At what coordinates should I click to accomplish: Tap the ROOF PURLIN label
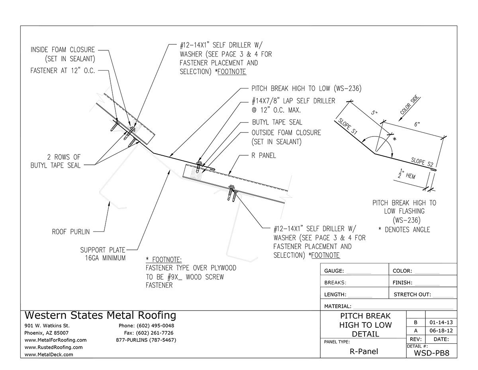[71, 231]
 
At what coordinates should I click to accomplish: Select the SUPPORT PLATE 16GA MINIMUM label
[103, 254]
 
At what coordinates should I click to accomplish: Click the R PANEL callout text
[264, 156]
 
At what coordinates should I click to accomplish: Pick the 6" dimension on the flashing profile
[416, 125]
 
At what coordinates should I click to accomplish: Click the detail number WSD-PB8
[432, 352]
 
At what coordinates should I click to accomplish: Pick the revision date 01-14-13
[441, 322]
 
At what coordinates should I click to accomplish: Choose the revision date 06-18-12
[441, 331]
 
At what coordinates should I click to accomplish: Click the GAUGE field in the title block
[334, 271]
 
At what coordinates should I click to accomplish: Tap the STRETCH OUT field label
[412, 295]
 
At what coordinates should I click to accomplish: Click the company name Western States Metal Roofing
[100, 315]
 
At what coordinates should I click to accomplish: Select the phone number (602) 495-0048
[146, 326]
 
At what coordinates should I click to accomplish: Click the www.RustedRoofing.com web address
[53, 347]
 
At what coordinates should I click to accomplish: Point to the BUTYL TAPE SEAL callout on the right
[277, 122]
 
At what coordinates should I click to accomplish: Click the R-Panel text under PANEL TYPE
[363, 352]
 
